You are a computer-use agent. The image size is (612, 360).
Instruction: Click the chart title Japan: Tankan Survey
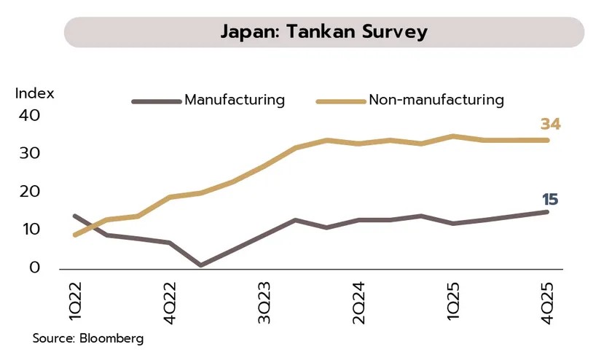coord(324,32)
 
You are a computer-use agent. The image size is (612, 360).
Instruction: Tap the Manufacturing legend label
coord(235,100)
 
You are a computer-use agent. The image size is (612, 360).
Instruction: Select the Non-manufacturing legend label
coord(436,100)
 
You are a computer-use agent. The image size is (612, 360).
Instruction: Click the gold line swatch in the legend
coord(340,101)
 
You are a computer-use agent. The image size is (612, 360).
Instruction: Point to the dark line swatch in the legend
coord(156,101)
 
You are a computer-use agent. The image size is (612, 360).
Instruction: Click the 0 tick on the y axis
coord(34,267)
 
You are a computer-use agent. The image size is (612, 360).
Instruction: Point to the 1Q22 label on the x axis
coord(75,299)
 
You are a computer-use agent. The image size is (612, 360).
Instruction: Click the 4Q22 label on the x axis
coord(170,299)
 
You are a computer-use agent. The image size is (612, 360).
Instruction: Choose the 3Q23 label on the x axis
coord(264,299)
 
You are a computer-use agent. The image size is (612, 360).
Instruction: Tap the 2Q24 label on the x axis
coord(358,299)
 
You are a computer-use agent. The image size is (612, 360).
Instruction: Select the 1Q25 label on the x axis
coord(453,299)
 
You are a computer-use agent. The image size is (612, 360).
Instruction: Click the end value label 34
coord(550,125)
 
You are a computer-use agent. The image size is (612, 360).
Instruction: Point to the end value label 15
coord(550,200)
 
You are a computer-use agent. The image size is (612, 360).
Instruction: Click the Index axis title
coord(35,94)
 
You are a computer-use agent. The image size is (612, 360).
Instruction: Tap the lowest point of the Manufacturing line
coord(200,265)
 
